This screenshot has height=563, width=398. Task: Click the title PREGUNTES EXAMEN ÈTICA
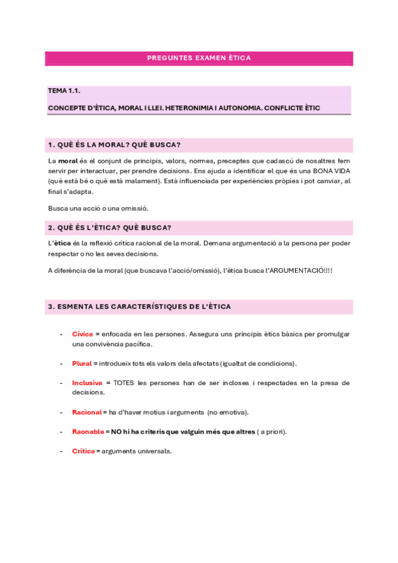coord(199,58)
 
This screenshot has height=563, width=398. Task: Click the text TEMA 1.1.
coord(64,91)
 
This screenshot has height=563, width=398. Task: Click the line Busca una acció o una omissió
coord(98,208)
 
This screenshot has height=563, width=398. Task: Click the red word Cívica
coord(82,334)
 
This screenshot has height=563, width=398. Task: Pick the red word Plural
coord(82,363)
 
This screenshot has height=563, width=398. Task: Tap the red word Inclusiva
coord(87,383)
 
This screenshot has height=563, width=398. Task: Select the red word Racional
coord(86,412)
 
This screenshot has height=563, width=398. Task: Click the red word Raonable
coord(88,432)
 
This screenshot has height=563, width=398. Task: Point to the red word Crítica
coord(83,451)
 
